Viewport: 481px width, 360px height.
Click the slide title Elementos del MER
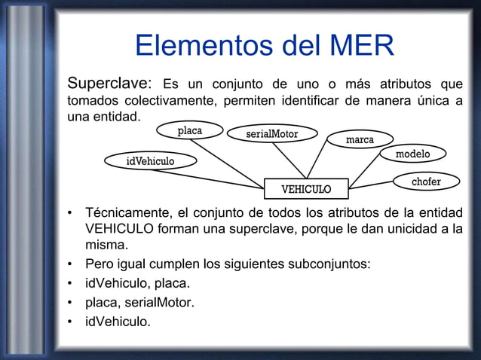pos(264,47)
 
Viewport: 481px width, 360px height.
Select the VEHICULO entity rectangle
pos(306,188)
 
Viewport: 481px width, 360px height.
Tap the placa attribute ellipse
pos(190,131)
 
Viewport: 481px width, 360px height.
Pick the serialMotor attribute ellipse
pos(272,134)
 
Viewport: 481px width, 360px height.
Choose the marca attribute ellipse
pos(359,140)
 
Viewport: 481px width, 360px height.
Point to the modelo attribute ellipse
pos(412,154)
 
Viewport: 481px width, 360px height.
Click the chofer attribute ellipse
pos(426,182)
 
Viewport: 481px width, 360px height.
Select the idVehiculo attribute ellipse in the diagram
pos(150,160)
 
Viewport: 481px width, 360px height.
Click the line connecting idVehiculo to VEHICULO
pos(219,178)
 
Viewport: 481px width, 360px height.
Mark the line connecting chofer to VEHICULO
pos(371,185)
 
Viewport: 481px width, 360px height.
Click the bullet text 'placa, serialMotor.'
pos(139,304)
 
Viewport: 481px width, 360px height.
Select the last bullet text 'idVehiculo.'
pos(118,322)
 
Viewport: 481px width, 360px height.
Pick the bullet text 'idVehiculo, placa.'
pos(137,285)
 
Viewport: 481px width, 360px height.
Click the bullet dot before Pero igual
pos(69,265)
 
